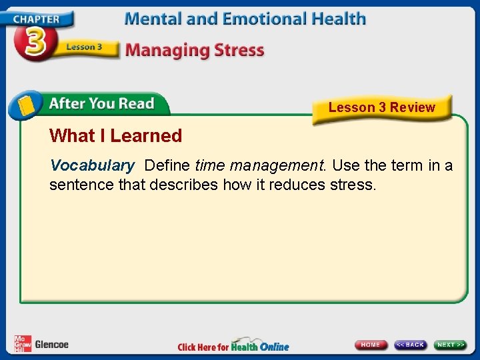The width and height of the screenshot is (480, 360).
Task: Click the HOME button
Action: click(371, 345)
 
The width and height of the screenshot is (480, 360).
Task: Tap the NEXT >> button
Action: click(451, 345)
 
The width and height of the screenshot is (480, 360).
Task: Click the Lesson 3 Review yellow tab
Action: click(381, 108)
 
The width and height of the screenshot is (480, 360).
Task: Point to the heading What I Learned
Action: click(115, 136)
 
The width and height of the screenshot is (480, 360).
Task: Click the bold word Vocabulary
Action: click(92, 165)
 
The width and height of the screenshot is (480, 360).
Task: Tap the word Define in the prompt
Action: click(167, 165)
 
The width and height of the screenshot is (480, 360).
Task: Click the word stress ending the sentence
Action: click(353, 185)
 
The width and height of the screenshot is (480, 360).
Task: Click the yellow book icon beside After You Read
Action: click(26, 105)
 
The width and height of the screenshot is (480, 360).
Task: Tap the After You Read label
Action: click(101, 104)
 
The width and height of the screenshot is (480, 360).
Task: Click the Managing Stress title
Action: click(194, 50)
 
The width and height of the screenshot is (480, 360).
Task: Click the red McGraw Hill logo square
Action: click(22, 344)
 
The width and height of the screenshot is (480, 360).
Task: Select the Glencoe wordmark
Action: click(51, 345)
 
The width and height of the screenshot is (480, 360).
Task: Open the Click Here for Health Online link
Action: click(233, 346)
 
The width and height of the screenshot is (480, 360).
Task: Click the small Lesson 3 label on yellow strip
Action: click(84, 47)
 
